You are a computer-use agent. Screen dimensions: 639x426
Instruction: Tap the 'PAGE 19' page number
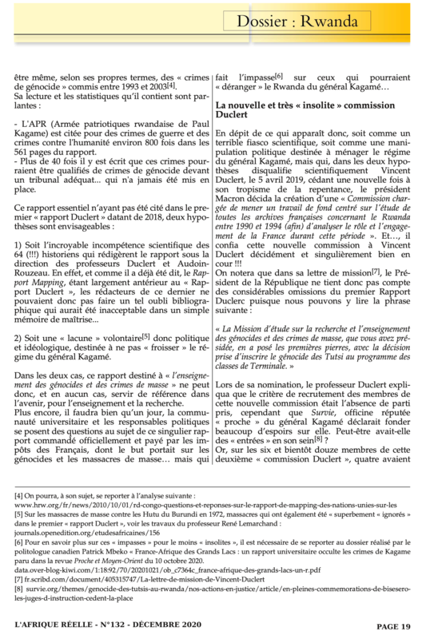click(395, 628)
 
